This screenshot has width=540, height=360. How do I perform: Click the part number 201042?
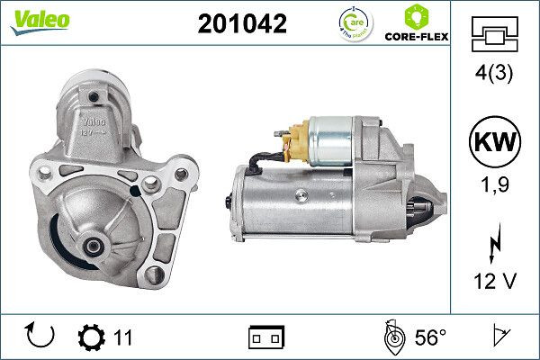tap(241, 24)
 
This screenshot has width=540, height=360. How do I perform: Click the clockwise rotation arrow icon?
tap(40, 337)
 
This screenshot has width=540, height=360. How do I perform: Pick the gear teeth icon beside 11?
tap(92, 337)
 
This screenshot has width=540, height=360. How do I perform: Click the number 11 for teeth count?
tap(123, 337)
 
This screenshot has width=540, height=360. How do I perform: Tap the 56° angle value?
tap(430, 337)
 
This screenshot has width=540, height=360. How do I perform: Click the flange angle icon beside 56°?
tap(392, 337)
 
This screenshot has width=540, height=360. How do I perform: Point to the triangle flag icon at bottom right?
tap(497, 337)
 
